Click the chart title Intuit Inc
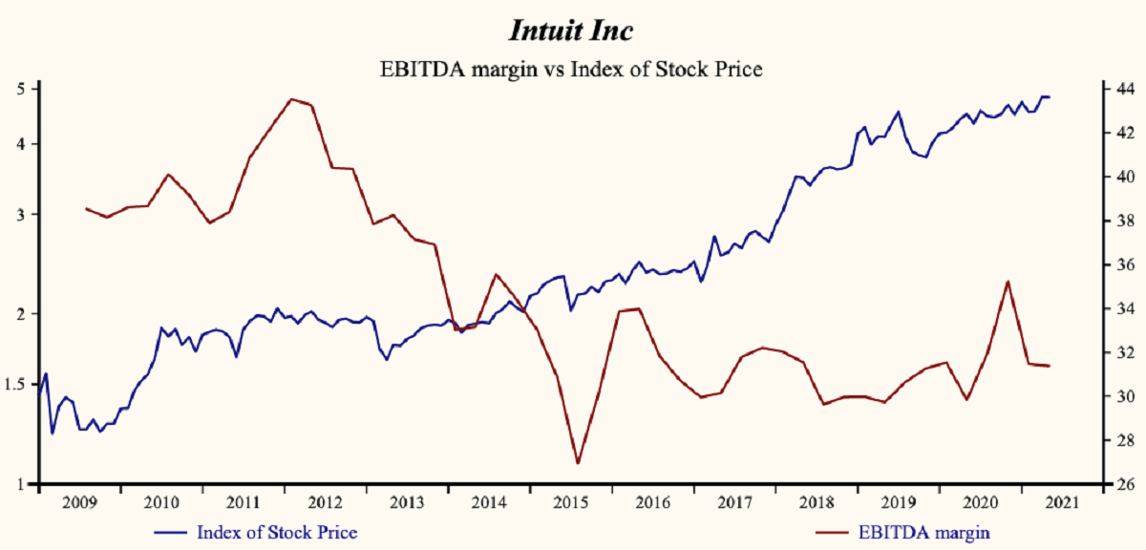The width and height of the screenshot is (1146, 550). click(x=570, y=31)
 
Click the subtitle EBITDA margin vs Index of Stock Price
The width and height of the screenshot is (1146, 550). click(x=570, y=69)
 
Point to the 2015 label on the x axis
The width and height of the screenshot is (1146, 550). click(x=570, y=502)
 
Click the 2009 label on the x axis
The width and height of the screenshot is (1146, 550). click(x=79, y=502)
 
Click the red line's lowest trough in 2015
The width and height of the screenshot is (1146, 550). click(x=578, y=464)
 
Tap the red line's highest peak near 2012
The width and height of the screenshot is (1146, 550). click(x=290, y=98)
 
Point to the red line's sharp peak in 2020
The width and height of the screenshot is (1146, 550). click(x=1007, y=281)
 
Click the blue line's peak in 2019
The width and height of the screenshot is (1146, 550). click(x=898, y=112)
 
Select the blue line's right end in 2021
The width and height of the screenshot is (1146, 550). click(x=1050, y=97)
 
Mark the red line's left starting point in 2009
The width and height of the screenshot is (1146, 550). click(x=86, y=208)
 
